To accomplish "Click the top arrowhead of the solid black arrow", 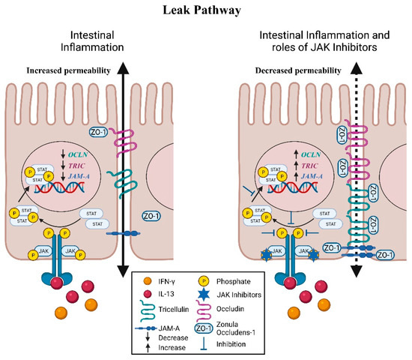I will [x=123, y=67].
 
